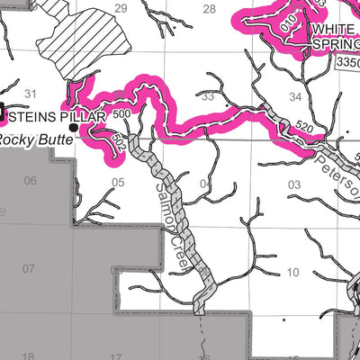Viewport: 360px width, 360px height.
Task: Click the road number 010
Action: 287,22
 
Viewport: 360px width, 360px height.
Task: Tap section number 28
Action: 209,9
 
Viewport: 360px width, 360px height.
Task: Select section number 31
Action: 31,94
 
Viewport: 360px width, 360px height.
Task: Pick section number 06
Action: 31,181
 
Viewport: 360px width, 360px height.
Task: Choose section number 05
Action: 118,182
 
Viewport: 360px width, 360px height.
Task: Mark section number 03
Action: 293,185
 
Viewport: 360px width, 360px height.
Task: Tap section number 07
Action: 28,269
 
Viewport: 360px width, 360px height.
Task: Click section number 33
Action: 209,95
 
